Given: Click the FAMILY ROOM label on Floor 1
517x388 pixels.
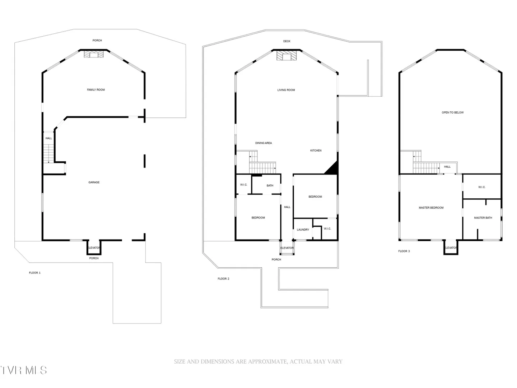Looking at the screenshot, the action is [x=96, y=90].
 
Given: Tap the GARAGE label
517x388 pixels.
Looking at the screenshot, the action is [x=94, y=183].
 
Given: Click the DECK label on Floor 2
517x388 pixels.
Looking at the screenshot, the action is [x=287, y=41].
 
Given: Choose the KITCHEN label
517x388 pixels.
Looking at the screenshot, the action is [x=316, y=151].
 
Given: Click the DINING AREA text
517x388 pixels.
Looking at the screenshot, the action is [x=264, y=143].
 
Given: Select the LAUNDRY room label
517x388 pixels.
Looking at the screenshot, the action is [x=303, y=230].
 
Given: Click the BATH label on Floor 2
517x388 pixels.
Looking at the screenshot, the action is [x=270, y=186].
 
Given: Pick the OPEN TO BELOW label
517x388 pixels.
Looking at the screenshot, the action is [x=453, y=112].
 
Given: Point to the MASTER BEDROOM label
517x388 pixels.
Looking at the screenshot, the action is [x=431, y=208].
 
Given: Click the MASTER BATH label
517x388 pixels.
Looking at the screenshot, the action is [x=483, y=218].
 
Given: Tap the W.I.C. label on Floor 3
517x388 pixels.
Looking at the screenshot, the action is [x=482, y=187].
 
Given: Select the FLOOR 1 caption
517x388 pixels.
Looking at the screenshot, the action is [x=34, y=273].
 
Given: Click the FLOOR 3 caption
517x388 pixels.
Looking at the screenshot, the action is [x=404, y=251].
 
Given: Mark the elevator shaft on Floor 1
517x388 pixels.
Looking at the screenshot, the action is [x=94, y=248].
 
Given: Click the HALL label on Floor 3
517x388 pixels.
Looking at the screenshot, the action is [x=447, y=167].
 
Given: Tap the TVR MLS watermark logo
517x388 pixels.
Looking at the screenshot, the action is [x=24, y=370].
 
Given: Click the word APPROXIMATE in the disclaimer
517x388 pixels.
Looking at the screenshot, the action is [x=267, y=362].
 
